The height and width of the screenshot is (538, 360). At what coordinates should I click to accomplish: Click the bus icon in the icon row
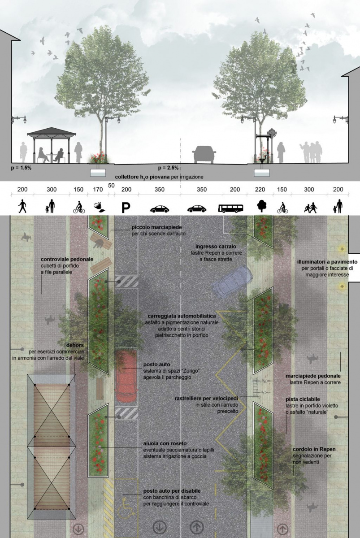coord(230,208)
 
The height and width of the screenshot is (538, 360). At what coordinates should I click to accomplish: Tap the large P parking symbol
coord(126,208)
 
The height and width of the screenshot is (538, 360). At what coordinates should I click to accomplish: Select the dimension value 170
coord(98,190)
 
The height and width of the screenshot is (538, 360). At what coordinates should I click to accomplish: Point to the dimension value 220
coord(260,190)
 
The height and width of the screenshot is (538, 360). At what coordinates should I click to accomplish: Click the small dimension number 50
coord(111,186)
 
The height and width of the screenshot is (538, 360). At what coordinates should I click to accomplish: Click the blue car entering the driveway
coord(232,282)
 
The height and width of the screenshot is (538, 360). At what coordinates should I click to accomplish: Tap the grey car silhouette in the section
coord(204,154)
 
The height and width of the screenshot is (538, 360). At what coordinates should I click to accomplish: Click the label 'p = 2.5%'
coord(168,168)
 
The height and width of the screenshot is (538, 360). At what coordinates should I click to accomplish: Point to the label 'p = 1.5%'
coord(21,168)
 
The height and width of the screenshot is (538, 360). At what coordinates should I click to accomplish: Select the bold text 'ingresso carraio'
coord(216,247)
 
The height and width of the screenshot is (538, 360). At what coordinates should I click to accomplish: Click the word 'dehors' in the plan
coord(75,345)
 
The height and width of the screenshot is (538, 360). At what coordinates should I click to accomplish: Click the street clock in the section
coord(271,133)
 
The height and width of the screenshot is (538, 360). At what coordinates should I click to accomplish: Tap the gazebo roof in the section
coord(52,131)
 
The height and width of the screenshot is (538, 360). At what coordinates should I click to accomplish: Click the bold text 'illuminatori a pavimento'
coord(327,261)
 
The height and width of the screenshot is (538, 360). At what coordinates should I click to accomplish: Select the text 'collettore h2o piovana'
coord(143,177)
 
